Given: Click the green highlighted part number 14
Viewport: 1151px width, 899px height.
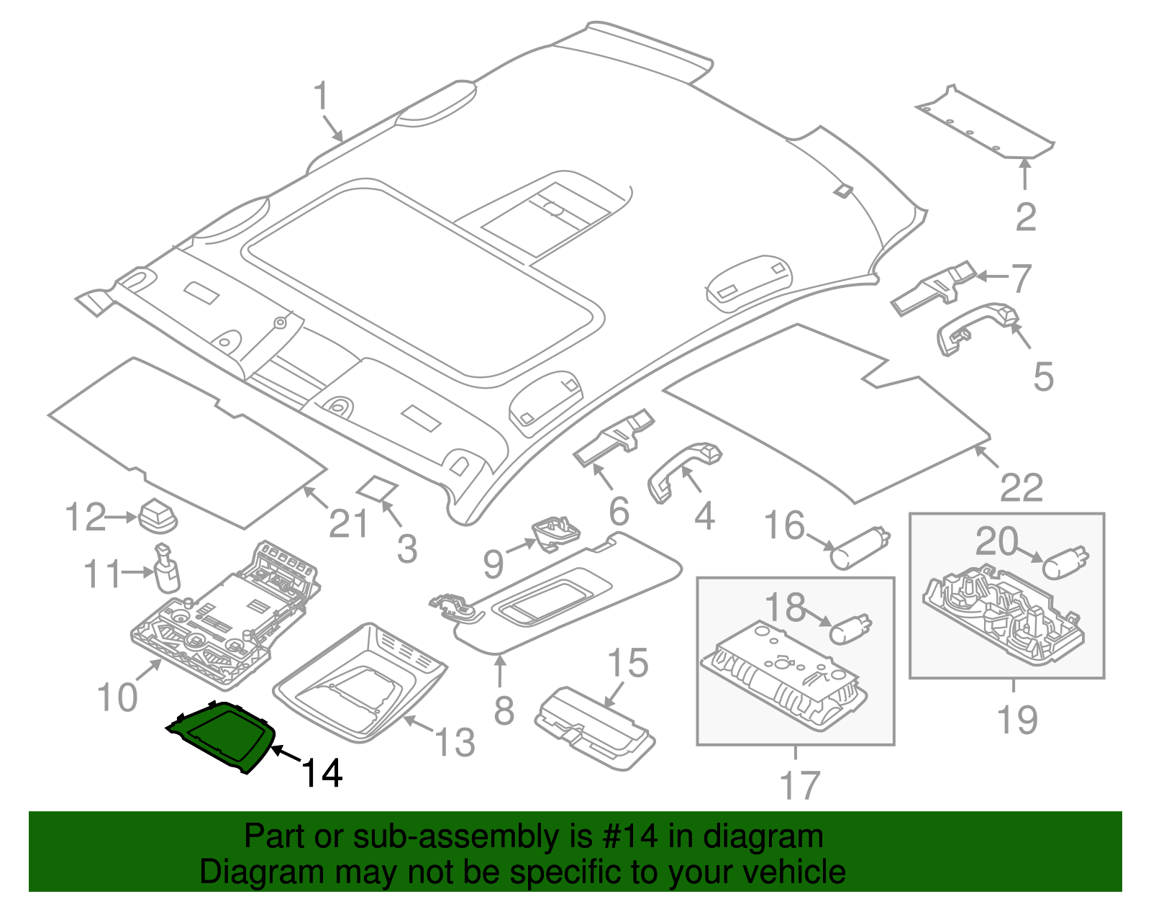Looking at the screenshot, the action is [x=222, y=738].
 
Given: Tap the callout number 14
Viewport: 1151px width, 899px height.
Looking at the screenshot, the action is [x=322, y=773].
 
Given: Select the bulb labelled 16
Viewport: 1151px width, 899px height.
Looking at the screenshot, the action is [x=859, y=548].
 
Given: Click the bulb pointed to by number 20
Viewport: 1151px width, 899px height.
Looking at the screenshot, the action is [x=1065, y=564].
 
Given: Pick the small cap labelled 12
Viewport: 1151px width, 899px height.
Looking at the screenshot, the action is [x=158, y=515].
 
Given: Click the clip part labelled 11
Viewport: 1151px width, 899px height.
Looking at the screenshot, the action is [x=166, y=568].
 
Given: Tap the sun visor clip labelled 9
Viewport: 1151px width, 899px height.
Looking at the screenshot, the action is [x=555, y=533].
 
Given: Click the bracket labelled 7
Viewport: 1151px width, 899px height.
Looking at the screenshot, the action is [x=933, y=288].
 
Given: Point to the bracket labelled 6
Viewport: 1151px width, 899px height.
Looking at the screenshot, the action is [x=614, y=437].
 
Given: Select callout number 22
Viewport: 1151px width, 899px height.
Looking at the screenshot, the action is [x=1022, y=487].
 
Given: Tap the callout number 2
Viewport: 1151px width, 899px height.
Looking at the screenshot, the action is [x=1025, y=217].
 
